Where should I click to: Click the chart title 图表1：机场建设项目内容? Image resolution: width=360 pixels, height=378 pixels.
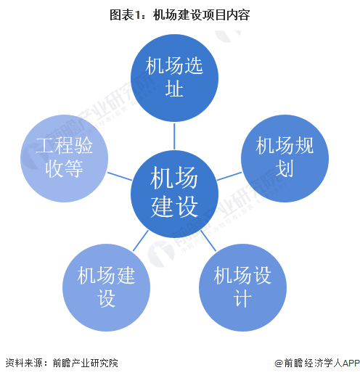[180, 15]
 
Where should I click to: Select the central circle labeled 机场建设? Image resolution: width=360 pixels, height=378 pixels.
[174, 194]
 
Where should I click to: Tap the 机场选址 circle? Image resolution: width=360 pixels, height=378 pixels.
[174, 78]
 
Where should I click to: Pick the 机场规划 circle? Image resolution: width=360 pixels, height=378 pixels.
[285, 158]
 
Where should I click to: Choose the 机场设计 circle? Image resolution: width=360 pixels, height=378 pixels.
[242, 287]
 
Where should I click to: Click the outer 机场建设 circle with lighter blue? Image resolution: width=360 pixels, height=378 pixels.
[106, 287]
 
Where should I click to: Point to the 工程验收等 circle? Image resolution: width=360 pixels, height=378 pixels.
[64, 158]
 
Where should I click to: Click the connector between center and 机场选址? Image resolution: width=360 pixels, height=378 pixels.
[174, 136]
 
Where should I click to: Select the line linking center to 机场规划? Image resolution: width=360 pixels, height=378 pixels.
[229, 176]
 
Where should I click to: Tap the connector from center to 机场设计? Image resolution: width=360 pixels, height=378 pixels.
[208, 241]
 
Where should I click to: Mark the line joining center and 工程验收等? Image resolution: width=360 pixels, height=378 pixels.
[120, 176]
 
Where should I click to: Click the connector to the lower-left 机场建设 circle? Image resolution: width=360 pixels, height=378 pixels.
[141, 241]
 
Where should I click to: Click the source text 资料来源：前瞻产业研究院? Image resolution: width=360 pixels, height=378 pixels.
[62, 363]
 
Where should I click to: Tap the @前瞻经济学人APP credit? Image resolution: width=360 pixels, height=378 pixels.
[317, 363]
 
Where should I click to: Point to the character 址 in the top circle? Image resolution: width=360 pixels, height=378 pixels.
[174, 89]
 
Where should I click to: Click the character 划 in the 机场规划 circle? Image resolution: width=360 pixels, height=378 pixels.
[285, 168]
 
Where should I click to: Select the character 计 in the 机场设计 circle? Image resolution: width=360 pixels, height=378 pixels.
[242, 298]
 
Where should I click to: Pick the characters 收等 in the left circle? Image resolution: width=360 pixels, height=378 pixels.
[64, 168]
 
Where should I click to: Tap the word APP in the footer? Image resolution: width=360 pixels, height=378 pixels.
[351, 363]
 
